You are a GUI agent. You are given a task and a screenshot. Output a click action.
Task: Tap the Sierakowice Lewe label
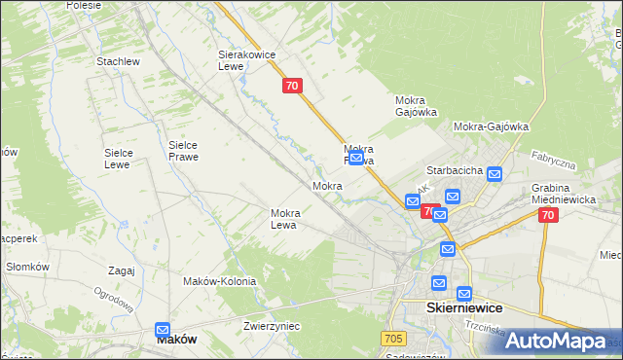coord(242,61)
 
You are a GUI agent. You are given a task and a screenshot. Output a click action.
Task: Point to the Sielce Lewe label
coord(125,158)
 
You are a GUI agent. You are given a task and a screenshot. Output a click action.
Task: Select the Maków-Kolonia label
coord(219,281)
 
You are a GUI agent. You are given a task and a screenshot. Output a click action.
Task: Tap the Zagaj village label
coord(122,270)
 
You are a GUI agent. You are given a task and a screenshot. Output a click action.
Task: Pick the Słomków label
coord(27,267)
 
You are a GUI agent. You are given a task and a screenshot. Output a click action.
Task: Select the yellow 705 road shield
coord(392,338)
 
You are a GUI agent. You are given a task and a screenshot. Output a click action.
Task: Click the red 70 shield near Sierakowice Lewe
coord(293,86)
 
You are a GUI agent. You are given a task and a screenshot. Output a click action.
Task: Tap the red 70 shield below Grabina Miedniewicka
coord(548,216)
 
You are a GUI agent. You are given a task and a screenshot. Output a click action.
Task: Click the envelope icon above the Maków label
coord(163,331)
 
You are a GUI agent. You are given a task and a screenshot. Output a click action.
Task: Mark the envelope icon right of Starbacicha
coord(495,175)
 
